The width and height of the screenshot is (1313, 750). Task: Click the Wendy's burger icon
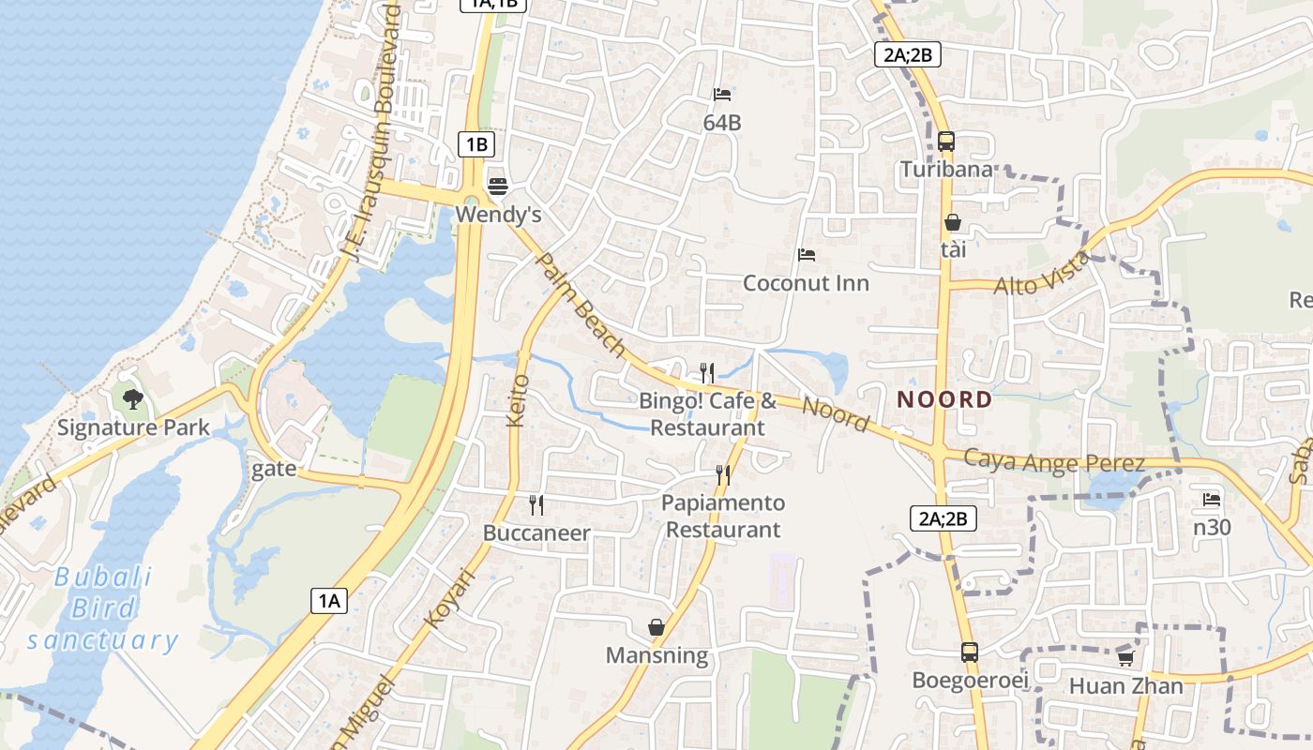point(497,185)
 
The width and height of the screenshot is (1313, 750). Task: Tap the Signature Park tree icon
point(133,399)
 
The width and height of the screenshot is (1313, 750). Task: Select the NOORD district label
point(944,399)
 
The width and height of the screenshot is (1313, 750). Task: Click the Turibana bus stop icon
point(946,142)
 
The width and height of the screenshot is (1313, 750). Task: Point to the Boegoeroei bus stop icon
point(970,652)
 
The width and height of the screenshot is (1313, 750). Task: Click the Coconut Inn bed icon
point(806,254)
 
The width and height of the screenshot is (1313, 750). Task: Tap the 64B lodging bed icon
point(722,94)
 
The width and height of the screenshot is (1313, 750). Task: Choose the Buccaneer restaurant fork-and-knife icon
point(536,505)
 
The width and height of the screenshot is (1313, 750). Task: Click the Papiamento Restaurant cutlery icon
point(723,474)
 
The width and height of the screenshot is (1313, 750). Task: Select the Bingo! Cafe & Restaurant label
point(708,414)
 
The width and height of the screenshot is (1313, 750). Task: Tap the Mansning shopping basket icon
point(656,626)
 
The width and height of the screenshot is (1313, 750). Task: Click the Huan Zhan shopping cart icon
point(1125,657)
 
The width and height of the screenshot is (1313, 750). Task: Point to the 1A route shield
point(329,601)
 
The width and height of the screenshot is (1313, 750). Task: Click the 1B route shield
point(476,144)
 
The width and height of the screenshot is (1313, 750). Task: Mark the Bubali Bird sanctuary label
point(103,608)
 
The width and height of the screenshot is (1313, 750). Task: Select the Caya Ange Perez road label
point(1054,462)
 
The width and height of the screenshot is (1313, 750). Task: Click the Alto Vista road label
point(1043,274)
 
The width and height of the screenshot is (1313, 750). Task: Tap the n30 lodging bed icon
point(1212,500)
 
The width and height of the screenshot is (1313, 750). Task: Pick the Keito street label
point(518,400)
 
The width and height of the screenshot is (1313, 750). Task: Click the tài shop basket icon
point(953,222)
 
